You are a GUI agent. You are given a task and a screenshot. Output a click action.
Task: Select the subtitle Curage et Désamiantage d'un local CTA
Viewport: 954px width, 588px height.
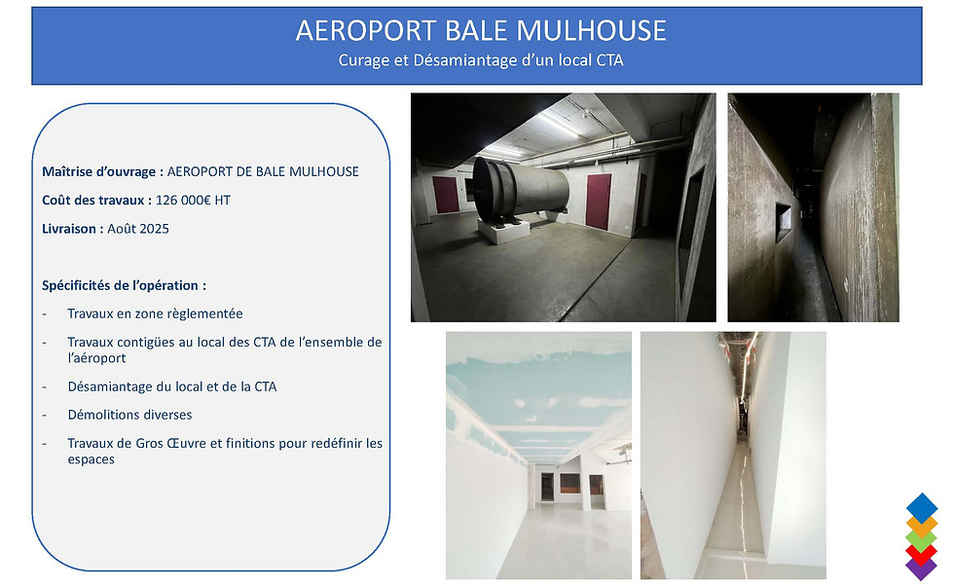coord(481,60)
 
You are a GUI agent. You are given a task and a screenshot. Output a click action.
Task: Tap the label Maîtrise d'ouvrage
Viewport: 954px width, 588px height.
coord(100,172)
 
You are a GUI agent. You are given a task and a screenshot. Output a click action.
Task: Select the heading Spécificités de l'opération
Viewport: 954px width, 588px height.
coord(124,286)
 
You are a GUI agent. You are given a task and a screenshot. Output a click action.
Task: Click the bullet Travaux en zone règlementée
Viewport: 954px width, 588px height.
coord(155,313)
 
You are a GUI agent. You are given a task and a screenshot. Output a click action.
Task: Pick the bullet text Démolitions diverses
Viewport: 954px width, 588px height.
coord(129,415)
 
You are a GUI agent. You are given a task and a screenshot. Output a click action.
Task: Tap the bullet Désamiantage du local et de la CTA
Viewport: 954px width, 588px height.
coord(171,386)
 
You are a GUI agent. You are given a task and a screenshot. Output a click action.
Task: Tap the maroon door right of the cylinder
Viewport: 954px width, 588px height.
coord(598,202)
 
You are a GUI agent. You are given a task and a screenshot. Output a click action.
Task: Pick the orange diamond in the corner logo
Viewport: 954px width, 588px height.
coord(922,524)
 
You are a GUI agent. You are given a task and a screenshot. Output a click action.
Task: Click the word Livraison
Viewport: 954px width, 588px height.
coord(71,229)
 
